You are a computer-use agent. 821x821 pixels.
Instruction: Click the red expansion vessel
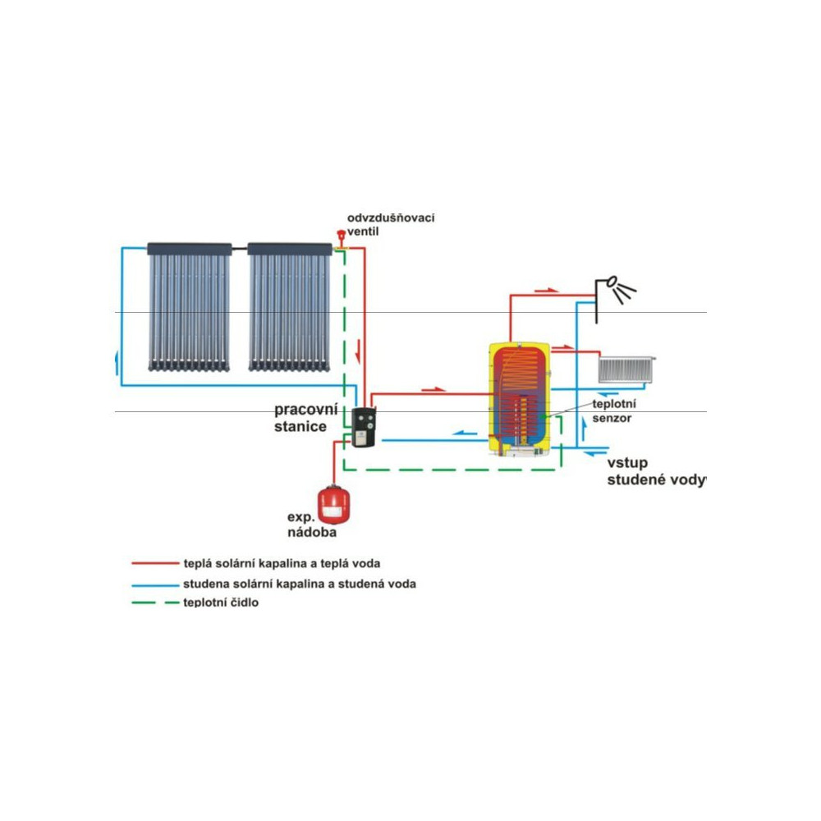point(333,505)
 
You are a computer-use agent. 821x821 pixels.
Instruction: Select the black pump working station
point(362,426)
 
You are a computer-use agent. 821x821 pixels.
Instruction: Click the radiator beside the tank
point(626,369)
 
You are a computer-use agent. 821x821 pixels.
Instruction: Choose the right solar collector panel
point(289,305)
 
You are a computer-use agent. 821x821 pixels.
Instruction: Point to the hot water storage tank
point(521,397)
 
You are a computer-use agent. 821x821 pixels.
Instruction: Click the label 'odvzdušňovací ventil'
point(390,224)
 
